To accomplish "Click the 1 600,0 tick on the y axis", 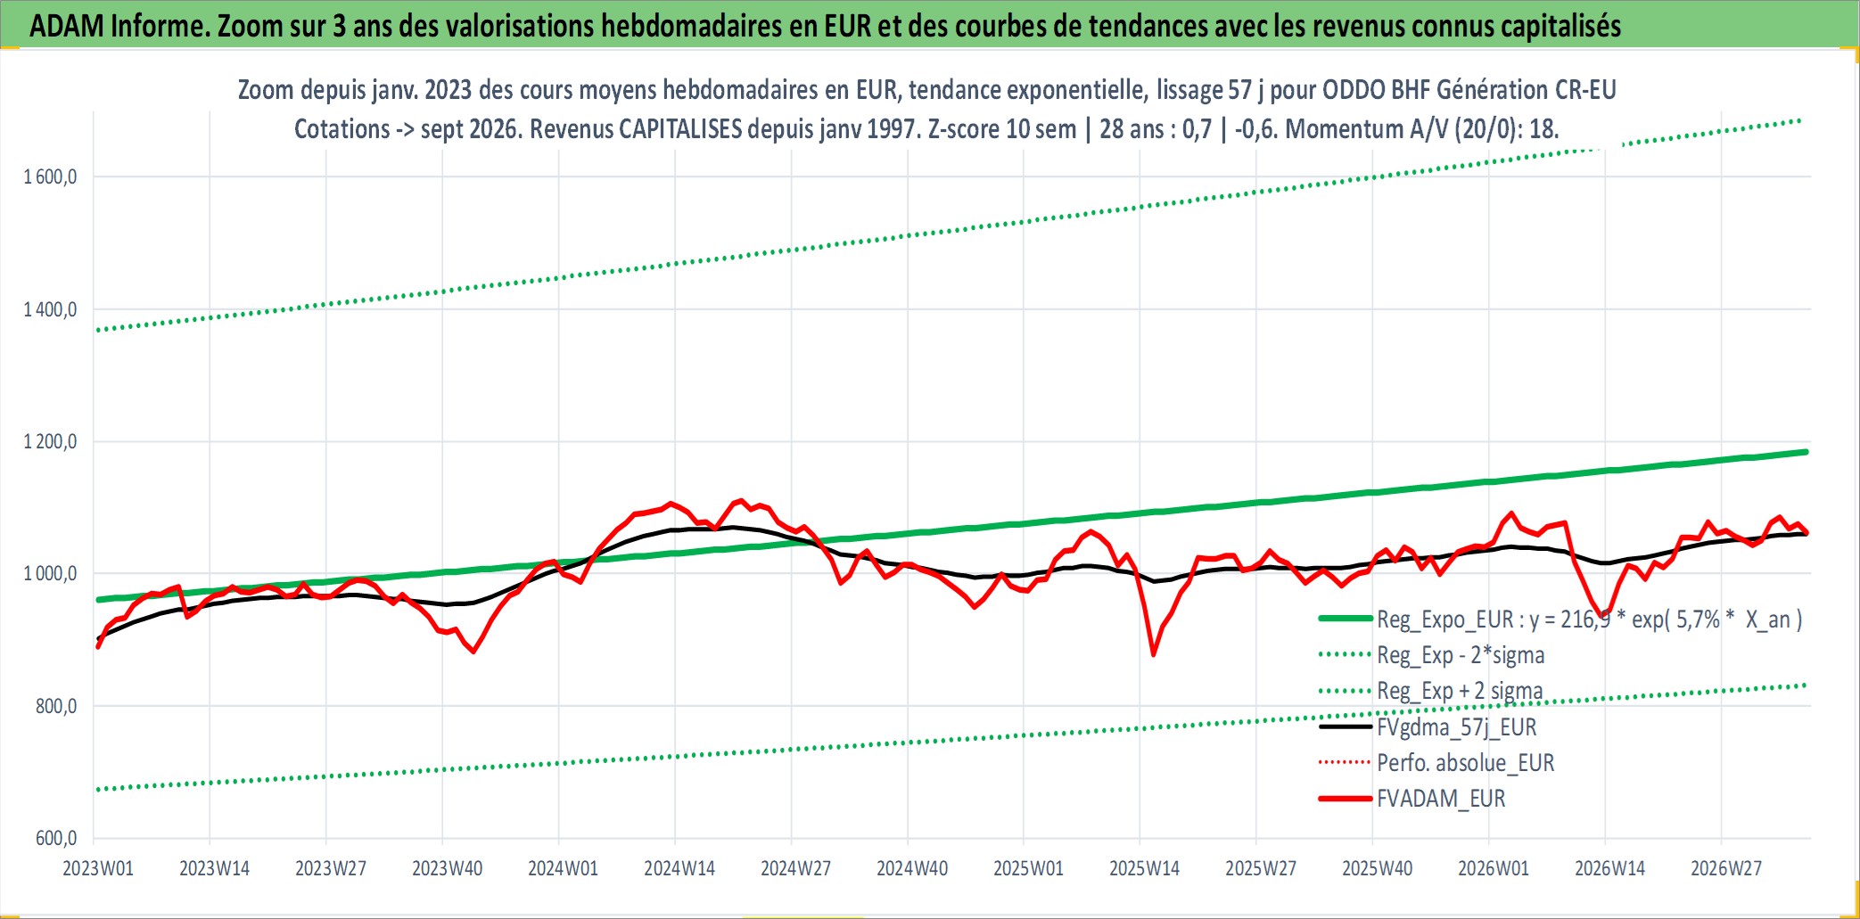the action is coord(50,176).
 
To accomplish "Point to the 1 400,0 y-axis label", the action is coord(50,309).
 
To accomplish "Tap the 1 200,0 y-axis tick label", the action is coord(50,441).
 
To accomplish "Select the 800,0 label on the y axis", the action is coord(56,706).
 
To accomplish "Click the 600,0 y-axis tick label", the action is coord(56,838).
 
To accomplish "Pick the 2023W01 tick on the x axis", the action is coord(98,868).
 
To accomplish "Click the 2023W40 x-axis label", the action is coord(447,868).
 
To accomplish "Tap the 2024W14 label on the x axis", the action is coord(679,868).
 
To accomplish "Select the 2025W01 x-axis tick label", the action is coord(1028,868).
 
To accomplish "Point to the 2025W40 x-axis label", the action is coord(1377,868).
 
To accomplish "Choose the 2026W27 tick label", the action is coord(1726,868).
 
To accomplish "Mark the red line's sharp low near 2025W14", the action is coord(1154,655).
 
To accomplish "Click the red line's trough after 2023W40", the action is coord(473,652).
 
